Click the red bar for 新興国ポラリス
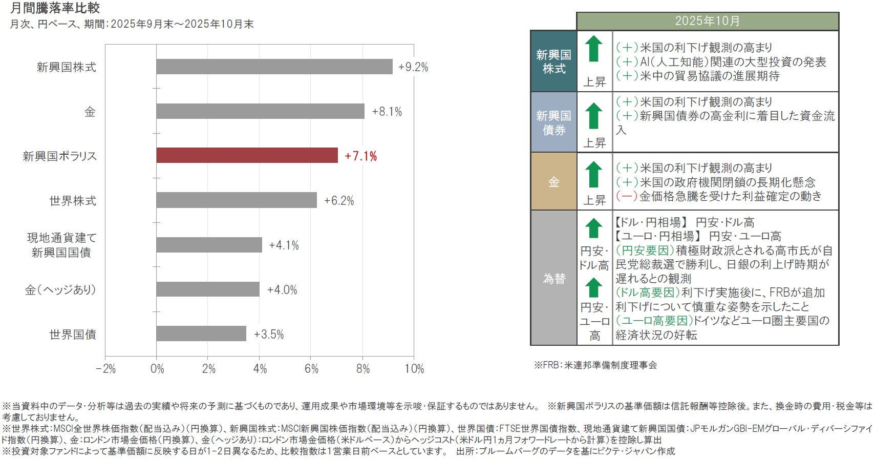[x=247, y=155]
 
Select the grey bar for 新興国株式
[x=274, y=67]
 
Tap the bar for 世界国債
[x=201, y=333]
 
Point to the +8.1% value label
[x=387, y=112]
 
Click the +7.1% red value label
[x=360, y=156]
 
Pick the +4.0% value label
[x=282, y=290]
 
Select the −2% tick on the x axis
[x=105, y=369]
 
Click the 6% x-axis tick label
[x=311, y=369]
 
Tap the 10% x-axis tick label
[x=414, y=369]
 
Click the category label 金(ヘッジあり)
[x=60, y=290]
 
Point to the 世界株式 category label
[x=73, y=201]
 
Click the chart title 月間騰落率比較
[x=55, y=8]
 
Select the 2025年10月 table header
[x=707, y=21]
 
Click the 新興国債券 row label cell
[x=553, y=122]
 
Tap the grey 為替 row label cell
[x=553, y=278]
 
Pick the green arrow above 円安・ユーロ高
[x=594, y=287]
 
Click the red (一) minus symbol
[x=626, y=196]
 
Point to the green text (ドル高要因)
[x=648, y=293]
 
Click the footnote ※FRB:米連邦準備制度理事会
[x=595, y=365]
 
